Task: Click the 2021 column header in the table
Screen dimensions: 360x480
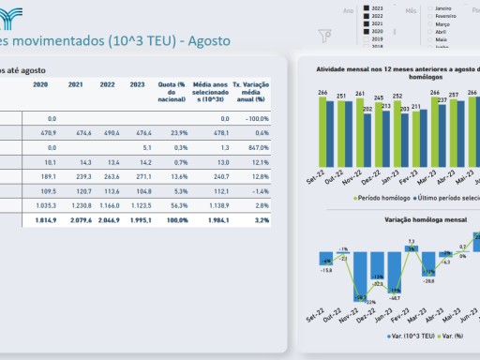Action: [x=75, y=84]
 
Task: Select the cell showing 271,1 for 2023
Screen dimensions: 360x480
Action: [x=140, y=175]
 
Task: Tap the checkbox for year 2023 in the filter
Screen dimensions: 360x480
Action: [x=367, y=7]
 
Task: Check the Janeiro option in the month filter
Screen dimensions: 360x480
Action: [x=431, y=7]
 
